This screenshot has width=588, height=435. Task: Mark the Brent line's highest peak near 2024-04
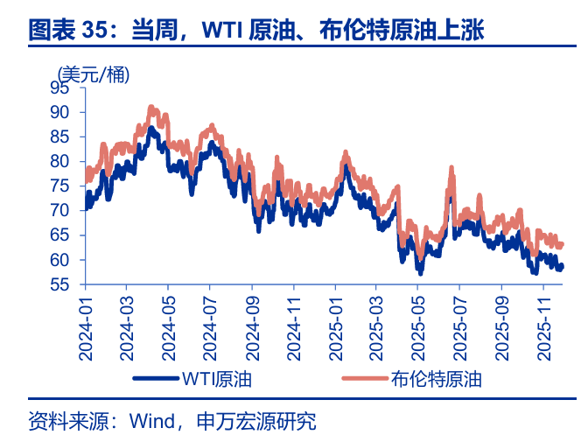click(150, 107)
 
